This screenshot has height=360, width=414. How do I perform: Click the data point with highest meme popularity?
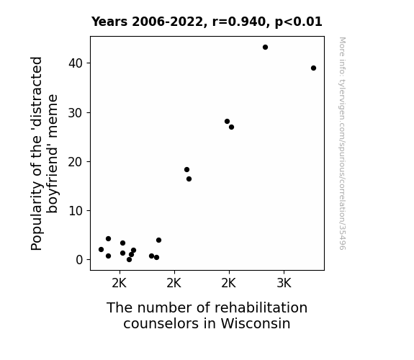click(265, 48)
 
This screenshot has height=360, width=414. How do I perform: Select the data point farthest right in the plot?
click(313, 68)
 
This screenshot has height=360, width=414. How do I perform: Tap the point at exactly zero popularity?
click(129, 260)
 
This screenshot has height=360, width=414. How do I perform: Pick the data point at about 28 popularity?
click(227, 122)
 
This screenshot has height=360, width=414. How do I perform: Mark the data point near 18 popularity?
click(186, 170)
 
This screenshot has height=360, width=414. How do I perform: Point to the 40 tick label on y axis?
click(76, 63)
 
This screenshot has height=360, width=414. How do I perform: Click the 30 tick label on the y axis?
click(76, 113)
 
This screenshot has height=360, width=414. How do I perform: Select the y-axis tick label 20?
click(76, 162)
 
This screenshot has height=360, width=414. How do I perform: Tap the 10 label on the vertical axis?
click(76, 211)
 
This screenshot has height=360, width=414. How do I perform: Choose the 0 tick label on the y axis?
click(79, 260)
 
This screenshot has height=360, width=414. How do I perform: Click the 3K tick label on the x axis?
click(284, 284)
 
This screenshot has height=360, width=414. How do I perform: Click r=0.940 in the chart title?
click(239, 22)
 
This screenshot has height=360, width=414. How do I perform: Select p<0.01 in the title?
click(298, 22)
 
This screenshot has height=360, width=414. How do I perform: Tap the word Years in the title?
click(109, 22)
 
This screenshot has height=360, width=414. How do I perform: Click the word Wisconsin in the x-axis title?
click(256, 323)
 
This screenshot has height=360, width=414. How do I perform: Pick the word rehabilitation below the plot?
click(261, 307)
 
